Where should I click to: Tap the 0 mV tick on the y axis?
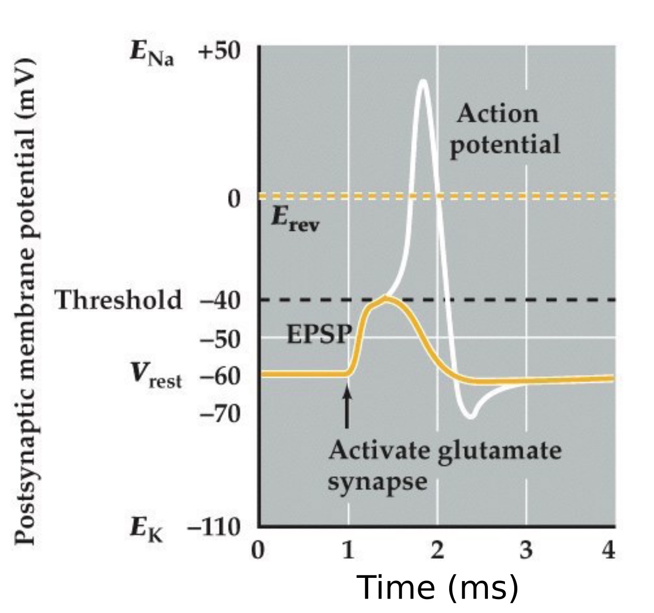pos(234,198)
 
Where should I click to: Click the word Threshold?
pos(119,300)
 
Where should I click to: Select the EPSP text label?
pos(318,334)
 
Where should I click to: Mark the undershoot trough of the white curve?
pos(470,416)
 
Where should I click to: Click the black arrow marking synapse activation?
pos(347,407)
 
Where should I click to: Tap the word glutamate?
pos(499,450)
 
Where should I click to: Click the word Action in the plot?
pos(497,114)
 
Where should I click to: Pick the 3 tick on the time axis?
pos(526,551)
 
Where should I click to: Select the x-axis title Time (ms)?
pos(437,587)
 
